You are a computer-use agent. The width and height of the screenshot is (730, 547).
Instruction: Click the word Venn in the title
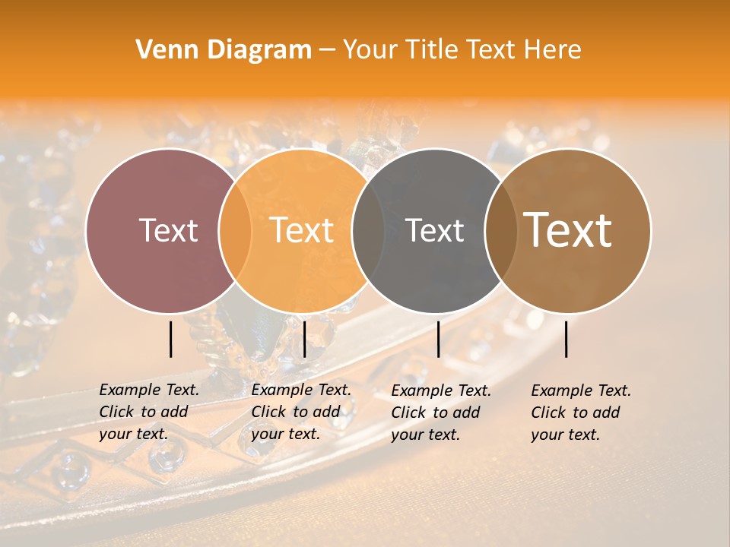[x=163, y=50]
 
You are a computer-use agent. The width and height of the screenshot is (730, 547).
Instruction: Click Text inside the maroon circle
[x=168, y=230]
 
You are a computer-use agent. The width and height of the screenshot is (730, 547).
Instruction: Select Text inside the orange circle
[x=302, y=230]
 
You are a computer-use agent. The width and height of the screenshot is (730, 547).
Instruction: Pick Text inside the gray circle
[x=434, y=230]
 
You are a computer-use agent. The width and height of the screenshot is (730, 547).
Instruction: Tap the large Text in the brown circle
[x=568, y=230]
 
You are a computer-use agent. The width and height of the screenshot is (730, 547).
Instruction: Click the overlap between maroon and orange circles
[x=235, y=231]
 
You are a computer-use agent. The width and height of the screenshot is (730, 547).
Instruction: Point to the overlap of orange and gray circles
[x=369, y=231]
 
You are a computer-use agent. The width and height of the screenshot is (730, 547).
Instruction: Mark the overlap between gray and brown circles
[x=501, y=231]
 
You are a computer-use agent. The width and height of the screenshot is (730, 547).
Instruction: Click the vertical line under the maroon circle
[x=170, y=339]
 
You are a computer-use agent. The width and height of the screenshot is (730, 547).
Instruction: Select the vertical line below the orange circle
[x=304, y=339]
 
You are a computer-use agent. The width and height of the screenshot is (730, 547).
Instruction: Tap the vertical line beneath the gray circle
[x=438, y=339]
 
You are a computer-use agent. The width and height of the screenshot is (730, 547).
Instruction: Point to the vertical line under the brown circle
[x=566, y=339]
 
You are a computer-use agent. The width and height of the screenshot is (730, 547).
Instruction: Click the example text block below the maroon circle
[x=149, y=412]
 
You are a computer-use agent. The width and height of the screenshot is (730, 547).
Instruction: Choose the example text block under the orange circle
[x=301, y=412]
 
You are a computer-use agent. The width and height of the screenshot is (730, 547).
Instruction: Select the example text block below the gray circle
[x=441, y=413]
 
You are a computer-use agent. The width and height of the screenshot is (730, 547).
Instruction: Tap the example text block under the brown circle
[x=581, y=413]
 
